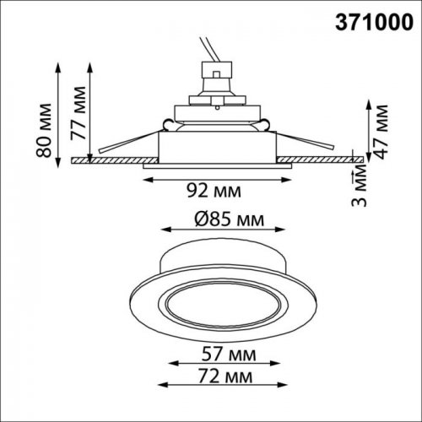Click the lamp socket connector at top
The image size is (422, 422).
tap(217, 81)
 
